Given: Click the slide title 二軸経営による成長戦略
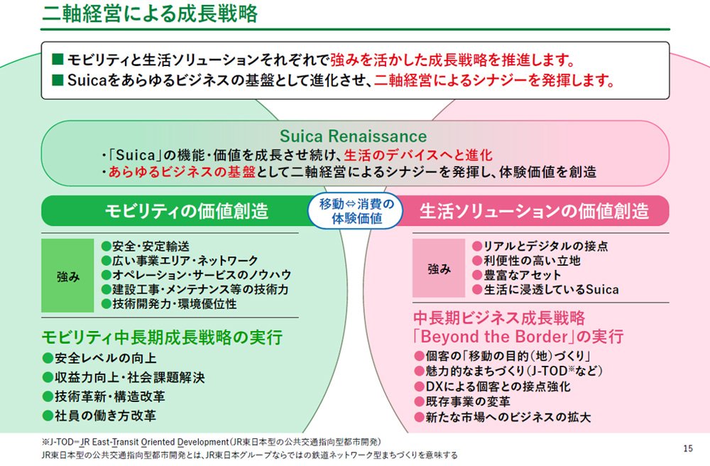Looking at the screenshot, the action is point(150,13).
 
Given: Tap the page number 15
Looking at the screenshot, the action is point(688,448).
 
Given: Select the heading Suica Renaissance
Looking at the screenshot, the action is point(353,136).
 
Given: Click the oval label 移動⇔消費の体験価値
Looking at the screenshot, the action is point(356,211).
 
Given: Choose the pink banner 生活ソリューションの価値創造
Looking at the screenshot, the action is point(535,211).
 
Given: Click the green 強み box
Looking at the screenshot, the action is point(67,276).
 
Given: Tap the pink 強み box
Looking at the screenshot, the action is point(439,268).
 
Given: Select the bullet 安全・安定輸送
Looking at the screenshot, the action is point(146,246).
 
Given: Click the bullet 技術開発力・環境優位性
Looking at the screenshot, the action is point(169,303).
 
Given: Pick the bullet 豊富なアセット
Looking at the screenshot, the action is point(517,275).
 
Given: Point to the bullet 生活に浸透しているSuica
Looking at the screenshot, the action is point(545,289).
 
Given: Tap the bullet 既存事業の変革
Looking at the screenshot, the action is point(462,401).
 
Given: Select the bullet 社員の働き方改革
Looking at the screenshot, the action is point(99,416).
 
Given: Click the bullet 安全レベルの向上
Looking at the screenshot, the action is point(99,358).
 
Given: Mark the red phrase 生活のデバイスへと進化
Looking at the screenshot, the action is point(418,155).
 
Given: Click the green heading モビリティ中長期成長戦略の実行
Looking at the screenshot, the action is point(162,337).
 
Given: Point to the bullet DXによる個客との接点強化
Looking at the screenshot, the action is point(493,386).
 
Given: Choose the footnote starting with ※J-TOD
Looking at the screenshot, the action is point(211,442).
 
